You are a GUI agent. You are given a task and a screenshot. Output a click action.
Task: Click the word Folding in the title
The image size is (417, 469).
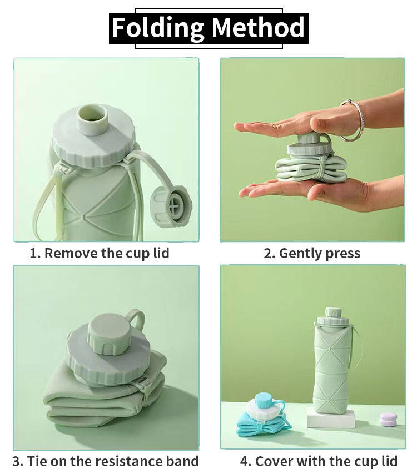158,28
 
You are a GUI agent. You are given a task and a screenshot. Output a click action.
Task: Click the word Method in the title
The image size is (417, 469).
258,27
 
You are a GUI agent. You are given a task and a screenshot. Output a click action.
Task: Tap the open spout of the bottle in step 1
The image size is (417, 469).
92,118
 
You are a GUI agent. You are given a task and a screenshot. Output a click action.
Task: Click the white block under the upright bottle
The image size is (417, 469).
331,417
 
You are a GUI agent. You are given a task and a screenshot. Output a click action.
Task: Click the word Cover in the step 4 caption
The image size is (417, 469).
274,461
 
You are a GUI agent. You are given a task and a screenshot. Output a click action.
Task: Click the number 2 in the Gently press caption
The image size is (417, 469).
268,253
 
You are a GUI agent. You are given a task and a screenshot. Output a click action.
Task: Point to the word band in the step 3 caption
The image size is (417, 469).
182,461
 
